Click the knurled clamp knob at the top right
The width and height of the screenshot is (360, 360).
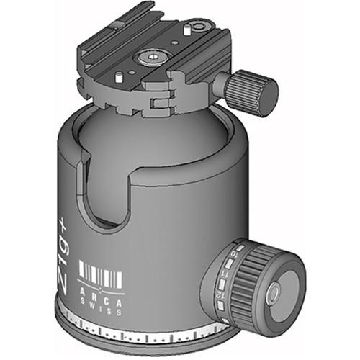pyautogui.click(x=253, y=88)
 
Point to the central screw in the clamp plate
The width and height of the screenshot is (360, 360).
pyautogui.click(x=154, y=55)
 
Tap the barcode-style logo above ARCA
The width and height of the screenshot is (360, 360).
pyautogui.click(x=100, y=276)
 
